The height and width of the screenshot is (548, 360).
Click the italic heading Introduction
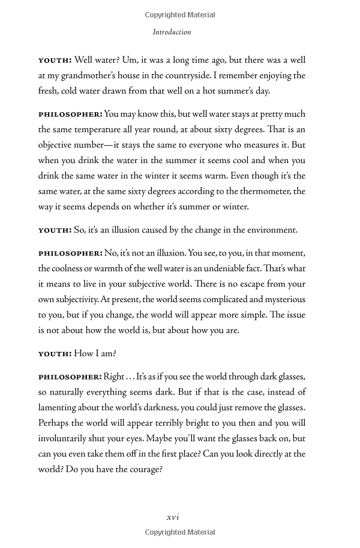tap(172, 32)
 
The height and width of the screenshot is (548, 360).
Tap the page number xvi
tap(173, 517)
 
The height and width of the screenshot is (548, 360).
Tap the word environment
tap(269, 230)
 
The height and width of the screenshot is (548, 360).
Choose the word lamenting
tap(61, 407)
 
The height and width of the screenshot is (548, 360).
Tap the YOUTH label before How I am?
tap(55, 353)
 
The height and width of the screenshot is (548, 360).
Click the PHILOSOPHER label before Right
tap(70, 377)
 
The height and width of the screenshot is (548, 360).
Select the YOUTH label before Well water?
tap(55, 61)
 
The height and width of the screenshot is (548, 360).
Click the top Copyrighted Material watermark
tap(180, 15)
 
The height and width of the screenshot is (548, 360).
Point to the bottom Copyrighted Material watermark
tap(180, 532)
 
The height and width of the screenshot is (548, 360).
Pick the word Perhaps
tap(55, 423)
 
